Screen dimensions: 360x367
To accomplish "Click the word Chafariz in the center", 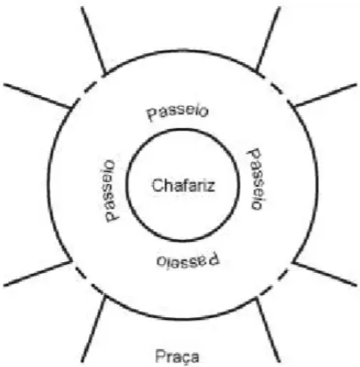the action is [183, 186].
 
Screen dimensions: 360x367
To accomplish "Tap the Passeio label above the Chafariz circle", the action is [179, 112].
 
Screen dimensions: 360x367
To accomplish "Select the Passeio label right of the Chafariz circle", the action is [255, 179].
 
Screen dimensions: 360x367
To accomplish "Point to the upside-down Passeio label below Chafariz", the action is [188, 259].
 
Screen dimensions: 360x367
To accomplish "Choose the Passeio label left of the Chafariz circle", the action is [108, 191].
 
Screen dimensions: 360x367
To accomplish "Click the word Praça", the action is [177, 356].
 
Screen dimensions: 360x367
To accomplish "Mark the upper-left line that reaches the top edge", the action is [93, 40].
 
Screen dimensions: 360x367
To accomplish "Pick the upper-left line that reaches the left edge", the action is [37, 96].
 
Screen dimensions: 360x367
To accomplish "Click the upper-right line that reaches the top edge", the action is [268, 39].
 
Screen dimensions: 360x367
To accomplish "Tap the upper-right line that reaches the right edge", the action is [324, 95].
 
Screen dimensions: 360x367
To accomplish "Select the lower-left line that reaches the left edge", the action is [38, 274].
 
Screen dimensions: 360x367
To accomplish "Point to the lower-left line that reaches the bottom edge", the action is [93, 329].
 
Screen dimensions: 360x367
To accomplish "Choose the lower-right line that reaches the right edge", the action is [324, 274].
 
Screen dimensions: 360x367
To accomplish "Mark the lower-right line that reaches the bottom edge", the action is [268, 330].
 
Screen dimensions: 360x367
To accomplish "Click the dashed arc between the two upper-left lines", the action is [86, 89].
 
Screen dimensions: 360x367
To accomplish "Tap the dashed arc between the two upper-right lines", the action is [276, 88].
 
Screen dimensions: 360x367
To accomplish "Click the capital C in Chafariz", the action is [157, 186].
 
